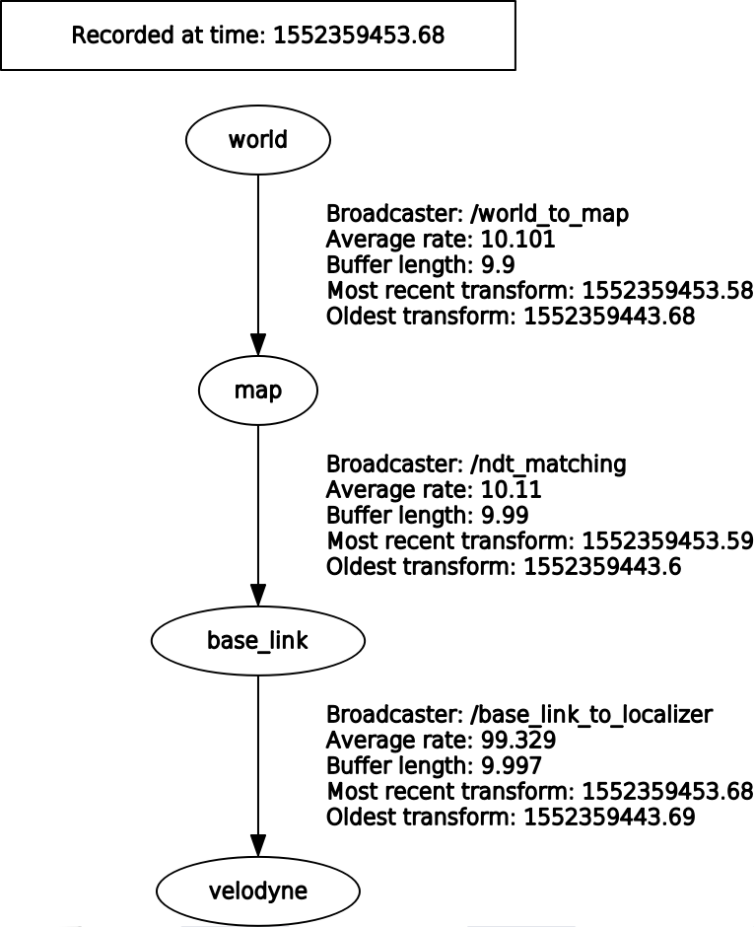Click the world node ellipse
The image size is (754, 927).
point(257,139)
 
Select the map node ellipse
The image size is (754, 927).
point(257,391)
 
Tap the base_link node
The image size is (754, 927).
point(257,641)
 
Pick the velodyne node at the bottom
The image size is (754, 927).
point(257,891)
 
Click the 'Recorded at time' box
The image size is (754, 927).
point(257,37)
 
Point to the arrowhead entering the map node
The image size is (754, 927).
point(257,348)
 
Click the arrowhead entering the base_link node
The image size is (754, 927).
point(257,598)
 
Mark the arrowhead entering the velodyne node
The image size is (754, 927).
point(257,848)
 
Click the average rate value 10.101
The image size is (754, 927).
point(519,240)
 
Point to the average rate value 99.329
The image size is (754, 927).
point(519,740)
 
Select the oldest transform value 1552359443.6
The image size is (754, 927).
point(602,567)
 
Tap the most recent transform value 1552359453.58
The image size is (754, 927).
point(668,292)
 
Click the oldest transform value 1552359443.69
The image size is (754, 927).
point(609,818)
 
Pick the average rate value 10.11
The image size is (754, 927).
point(513,489)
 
